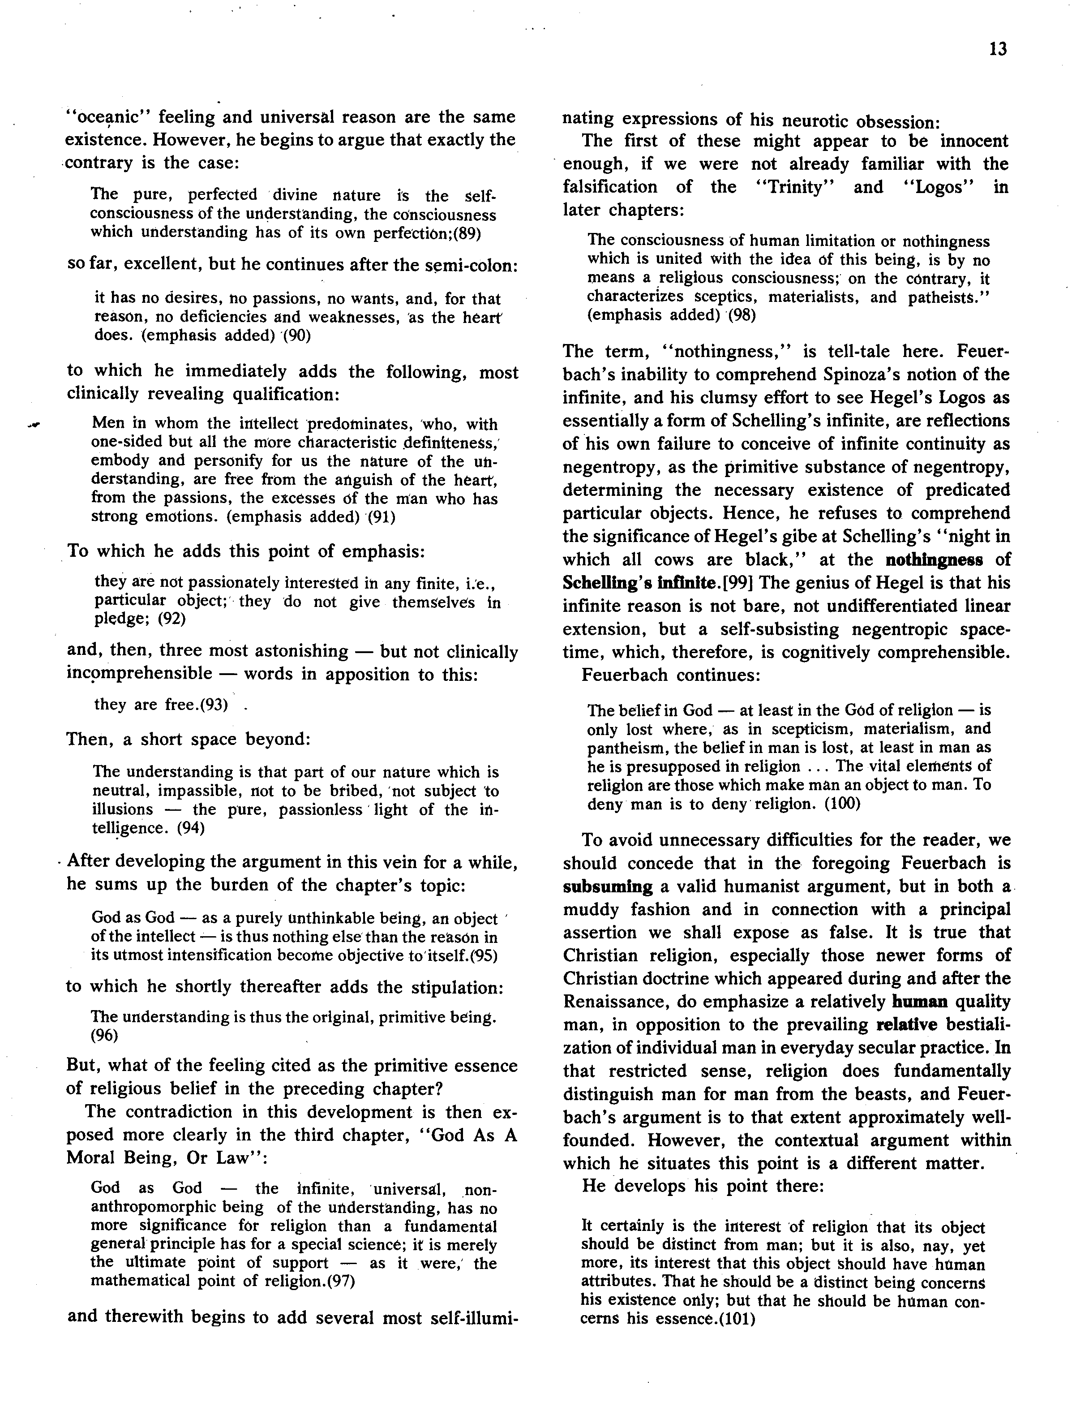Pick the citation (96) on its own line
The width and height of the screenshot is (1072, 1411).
(x=105, y=1035)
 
